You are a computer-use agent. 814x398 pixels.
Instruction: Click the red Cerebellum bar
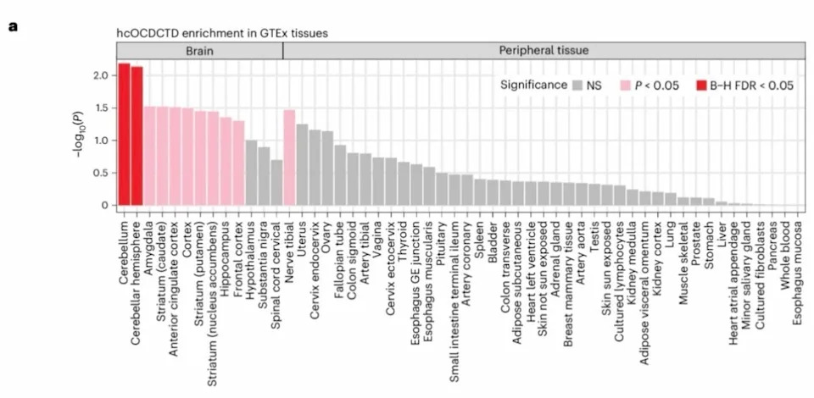click(x=124, y=135)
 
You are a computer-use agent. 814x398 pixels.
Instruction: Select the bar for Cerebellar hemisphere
click(x=137, y=135)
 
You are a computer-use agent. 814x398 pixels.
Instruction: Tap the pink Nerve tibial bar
click(x=289, y=158)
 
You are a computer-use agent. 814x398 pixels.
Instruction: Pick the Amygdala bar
click(x=149, y=156)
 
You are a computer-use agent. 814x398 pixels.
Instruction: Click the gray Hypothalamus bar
click(x=251, y=173)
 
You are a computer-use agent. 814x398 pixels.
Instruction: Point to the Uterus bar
click(x=302, y=165)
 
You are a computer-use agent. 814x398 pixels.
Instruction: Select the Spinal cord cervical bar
click(x=276, y=182)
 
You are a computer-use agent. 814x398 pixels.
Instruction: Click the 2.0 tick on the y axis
click(x=101, y=75)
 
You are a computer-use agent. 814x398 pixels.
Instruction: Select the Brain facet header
click(x=200, y=51)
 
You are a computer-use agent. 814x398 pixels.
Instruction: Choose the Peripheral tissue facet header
click(x=544, y=51)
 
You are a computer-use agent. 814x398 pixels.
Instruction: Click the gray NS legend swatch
click(x=577, y=86)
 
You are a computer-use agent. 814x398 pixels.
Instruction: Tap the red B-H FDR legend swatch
click(x=701, y=86)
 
